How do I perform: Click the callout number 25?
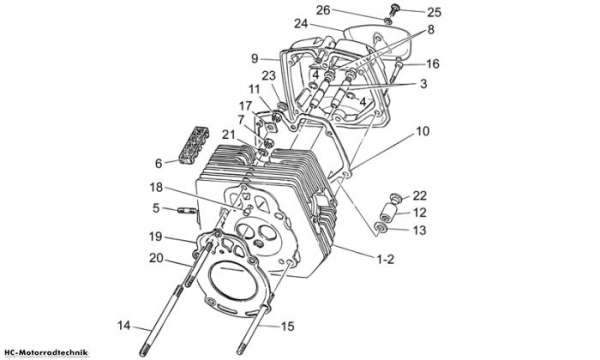pos(434,12)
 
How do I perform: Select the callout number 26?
pos(323,10)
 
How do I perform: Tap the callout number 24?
pos(301,24)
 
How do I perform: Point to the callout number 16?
pos(433,64)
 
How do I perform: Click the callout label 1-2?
pos(385,259)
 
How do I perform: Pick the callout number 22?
pos(420,195)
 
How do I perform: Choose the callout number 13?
pos(420,230)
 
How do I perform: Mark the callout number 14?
pos(124,326)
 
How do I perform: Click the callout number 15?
pos(288,326)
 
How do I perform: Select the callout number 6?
pos(158,163)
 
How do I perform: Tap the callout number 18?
pos(156,187)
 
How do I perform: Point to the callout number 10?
pos(423,131)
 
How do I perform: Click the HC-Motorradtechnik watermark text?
pos(46,352)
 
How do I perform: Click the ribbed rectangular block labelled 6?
pos(194,145)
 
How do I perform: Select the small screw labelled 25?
pos(393,9)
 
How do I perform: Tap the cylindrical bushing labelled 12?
pos(387,213)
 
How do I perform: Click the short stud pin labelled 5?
pos(187,210)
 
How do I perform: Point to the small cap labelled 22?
pos(396,198)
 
